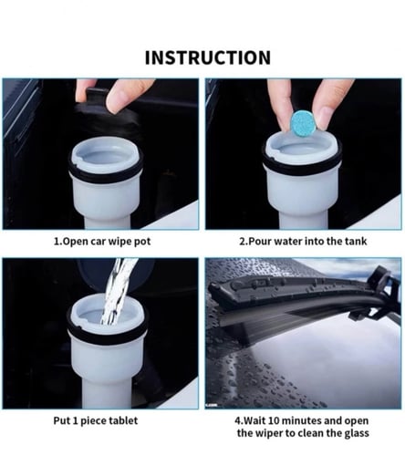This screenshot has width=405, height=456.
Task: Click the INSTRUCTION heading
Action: click(208, 57)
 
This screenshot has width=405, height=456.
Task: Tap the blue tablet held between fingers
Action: click(303, 123)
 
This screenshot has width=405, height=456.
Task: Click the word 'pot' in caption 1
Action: click(142, 242)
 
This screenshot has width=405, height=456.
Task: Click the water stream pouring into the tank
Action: click(119, 291)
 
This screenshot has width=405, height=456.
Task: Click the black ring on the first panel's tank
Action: click(106, 172)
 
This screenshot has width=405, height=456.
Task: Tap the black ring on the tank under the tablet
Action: click(302, 164)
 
